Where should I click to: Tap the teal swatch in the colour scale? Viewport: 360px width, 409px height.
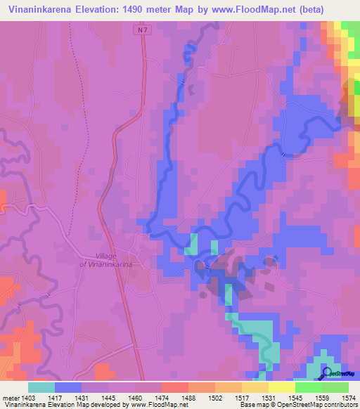click(41, 387)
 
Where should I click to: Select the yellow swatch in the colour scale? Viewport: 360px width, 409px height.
click(282, 387)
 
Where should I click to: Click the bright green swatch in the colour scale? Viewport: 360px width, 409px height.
click(309, 387)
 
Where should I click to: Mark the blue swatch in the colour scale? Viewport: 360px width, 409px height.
click(68, 387)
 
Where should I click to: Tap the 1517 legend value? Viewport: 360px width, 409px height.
click(229, 398)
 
